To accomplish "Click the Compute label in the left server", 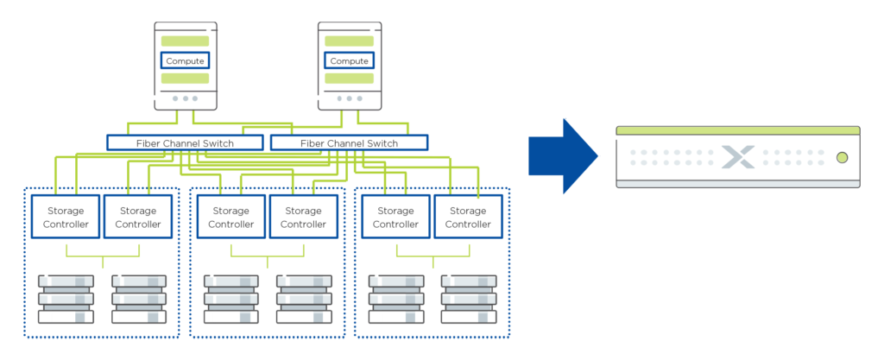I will (186, 61).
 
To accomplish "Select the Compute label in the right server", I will (349, 61).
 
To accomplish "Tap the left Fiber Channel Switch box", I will (185, 143).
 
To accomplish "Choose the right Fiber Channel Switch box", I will (349, 143).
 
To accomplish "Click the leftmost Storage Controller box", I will (66, 218).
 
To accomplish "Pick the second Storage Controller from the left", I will (138, 218).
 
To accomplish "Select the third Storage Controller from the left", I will (231, 218).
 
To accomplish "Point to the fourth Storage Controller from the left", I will (303, 218).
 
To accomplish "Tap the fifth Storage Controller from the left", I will (395, 218).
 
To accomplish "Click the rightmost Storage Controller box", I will (468, 218).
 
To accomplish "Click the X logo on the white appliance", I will (737, 157).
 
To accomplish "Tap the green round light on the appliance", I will (842, 158).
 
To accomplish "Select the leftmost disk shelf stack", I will (66, 299).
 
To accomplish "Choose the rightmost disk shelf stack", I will (469, 299).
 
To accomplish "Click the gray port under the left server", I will (187, 103).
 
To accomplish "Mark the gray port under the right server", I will (351, 103).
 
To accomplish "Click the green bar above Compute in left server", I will (187, 42).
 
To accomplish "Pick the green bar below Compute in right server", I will (351, 82).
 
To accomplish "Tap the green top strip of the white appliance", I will (737, 130).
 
